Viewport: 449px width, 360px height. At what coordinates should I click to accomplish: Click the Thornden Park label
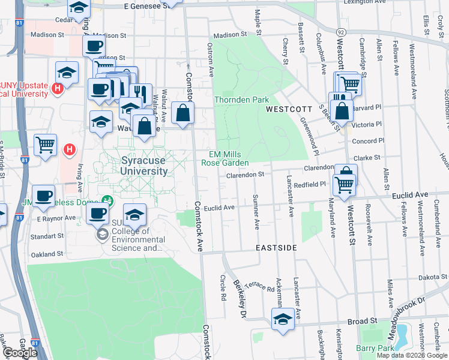click(241, 100)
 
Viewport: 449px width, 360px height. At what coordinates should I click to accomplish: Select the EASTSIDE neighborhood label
click(276, 247)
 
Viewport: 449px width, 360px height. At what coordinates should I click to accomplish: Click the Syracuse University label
click(144, 166)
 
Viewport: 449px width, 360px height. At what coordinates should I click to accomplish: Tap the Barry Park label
click(375, 348)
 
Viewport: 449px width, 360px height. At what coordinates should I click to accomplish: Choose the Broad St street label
click(361, 322)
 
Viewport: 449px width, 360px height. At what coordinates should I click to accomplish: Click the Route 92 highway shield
click(341, 31)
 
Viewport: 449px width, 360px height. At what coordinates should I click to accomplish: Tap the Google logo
click(20, 353)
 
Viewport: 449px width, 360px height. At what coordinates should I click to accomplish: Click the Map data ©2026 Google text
click(411, 355)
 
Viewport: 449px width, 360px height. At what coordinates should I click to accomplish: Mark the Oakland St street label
click(47, 254)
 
